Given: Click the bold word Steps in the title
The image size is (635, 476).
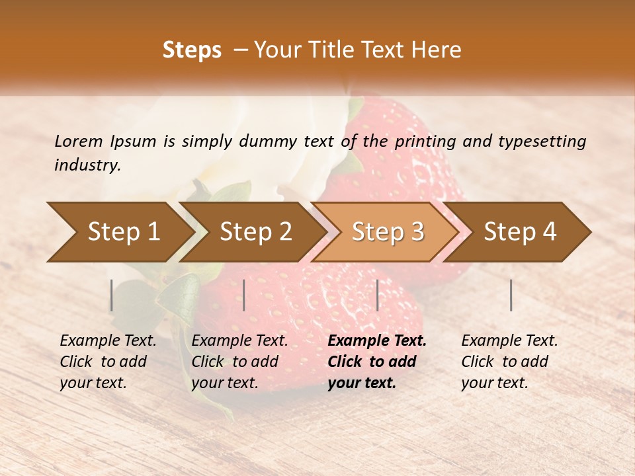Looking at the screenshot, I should point(192,50).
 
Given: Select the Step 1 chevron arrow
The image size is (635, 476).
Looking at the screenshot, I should point(119,231).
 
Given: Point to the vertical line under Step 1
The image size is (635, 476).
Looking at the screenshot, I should point(112,295).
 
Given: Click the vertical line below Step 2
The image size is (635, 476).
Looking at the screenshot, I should point(244,295).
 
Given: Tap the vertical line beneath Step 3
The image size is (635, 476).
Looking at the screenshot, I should point(378,295).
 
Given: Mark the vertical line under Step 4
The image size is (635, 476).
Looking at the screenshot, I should point(511,295).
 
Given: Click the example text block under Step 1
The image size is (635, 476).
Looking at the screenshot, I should point(108,362).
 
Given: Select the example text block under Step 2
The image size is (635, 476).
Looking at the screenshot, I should point(239,362).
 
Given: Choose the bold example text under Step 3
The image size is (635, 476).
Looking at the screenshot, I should point(377,362).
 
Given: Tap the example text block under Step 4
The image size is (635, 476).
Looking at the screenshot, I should point(509,362).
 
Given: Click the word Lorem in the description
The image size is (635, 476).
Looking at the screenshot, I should point(79,141).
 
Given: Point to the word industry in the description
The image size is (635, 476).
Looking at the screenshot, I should point(87,165).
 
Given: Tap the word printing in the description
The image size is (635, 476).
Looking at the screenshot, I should point(425,141).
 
